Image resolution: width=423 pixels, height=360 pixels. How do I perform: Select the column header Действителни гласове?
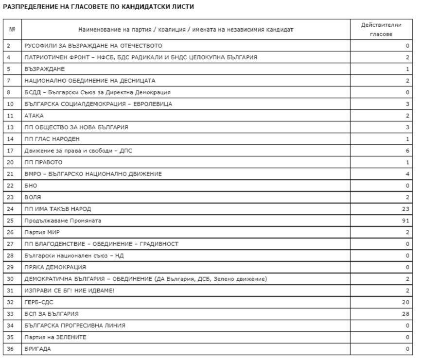point(381,29)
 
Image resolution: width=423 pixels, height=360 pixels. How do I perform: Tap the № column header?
point(12,30)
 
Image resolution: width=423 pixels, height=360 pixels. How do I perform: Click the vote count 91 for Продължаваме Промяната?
point(405,221)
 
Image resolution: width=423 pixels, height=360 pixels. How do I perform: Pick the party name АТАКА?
point(34,116)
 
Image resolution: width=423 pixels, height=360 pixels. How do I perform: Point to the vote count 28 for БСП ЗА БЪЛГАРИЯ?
point(405,314)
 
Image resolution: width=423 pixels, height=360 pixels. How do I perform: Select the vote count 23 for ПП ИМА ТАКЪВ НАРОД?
point(405,209)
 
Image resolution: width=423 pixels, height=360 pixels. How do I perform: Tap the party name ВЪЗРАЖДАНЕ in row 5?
point(45,69)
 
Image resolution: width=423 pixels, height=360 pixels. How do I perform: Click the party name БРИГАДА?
point(37,349)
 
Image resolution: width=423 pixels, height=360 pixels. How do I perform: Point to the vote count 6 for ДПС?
point(407,151)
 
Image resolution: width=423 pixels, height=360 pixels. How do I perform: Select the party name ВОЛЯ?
point(33,197)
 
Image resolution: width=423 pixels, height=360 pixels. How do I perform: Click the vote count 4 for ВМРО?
point(407,174)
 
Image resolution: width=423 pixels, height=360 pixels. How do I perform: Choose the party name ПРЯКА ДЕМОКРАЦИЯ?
point(55,267)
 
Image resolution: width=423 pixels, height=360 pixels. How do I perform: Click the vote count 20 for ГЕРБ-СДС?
point(405,302)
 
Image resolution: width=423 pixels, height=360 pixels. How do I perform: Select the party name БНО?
point(31,186)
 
